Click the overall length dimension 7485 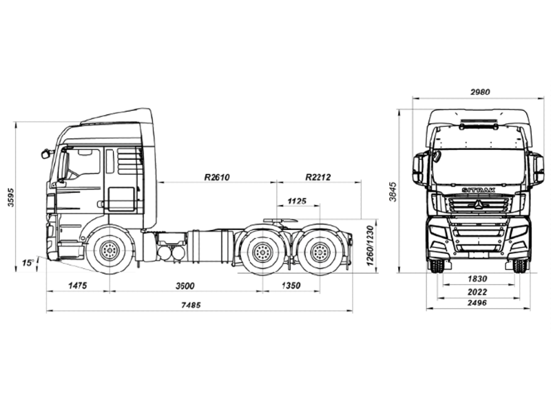(x=191, y=305)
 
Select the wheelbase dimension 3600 (x=185, y=286)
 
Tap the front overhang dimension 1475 (x=77, y=285)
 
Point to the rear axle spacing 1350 (x=291, y=285)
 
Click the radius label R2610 (x=217, y=177)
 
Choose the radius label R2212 (x=318, y=177)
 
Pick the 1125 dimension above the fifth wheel (x=297, y=201)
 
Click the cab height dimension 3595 (x=10, y=197)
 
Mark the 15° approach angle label (x=28, y=262)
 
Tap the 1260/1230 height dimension (x=370, y=246)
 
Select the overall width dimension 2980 (x=480, y=92)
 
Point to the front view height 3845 (x=393, y=192)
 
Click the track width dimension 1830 (x=477, y=279)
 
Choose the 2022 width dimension (x=477, y=291)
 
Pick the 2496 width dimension (x=477, y=303)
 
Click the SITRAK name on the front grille (x=478, y=190)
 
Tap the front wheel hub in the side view (x=110, y=251)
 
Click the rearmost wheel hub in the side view (x=320, y=251)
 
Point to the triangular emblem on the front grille (x=478, y=204)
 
